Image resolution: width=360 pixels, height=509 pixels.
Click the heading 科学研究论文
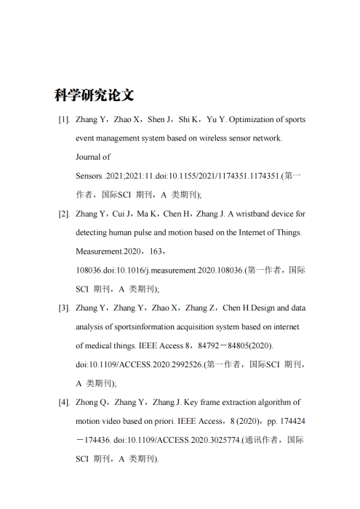coord(95,95)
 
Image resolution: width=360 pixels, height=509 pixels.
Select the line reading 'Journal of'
coord(93,156)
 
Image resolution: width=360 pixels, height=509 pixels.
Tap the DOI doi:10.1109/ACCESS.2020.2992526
coord(138,365)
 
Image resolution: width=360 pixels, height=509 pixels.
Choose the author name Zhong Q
coord(91,402)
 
